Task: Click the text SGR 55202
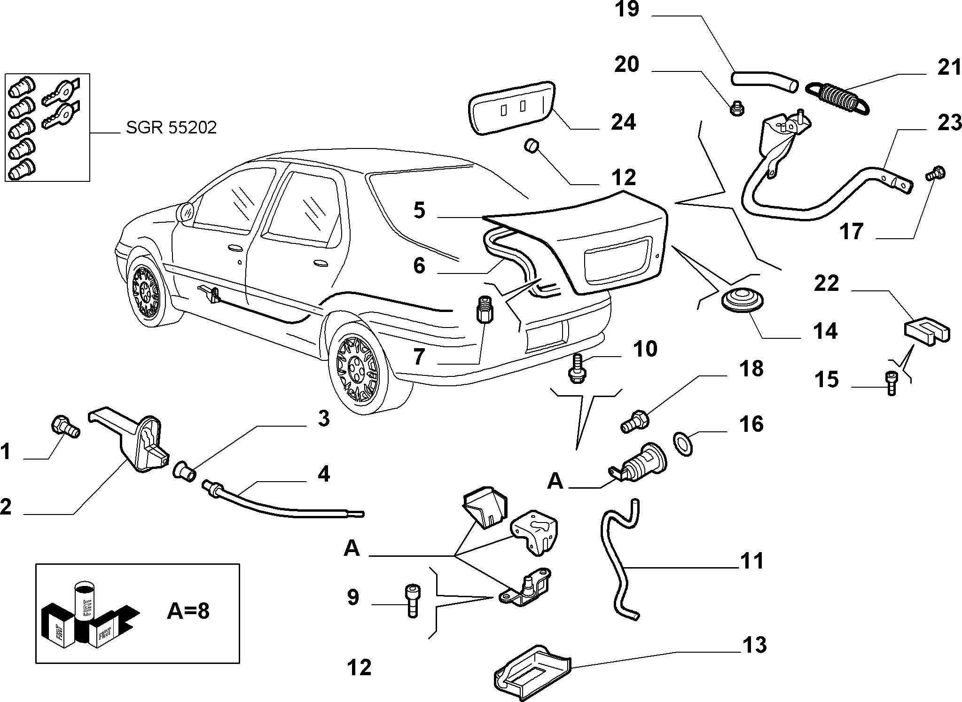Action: [x=171, y=127]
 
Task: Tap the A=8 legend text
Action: [x=188, y=611]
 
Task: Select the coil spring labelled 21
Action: [x=837, y=98]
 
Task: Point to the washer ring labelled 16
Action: [x=684, y=442]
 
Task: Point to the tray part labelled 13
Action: [x=532, y=675]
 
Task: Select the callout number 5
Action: [x=419, y=210]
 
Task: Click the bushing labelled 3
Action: [x=184, y=471]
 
